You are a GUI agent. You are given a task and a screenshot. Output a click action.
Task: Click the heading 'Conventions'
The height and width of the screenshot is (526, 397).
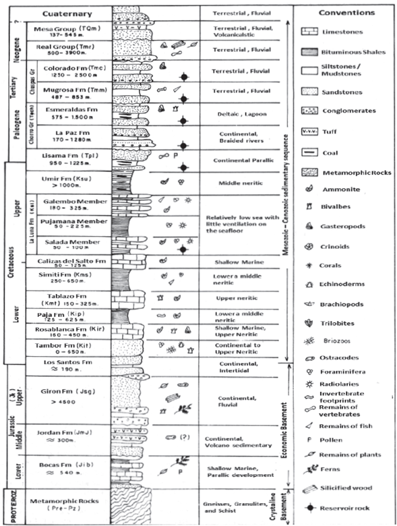[347, 12]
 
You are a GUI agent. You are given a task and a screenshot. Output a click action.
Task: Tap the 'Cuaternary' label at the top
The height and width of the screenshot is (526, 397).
[67, 13]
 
